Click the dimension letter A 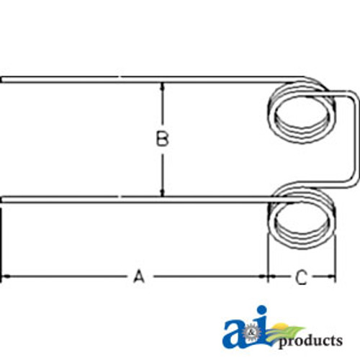point(139,276)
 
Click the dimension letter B point(163,139)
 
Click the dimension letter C point(301,276)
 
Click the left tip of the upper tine point(3,79)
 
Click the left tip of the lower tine point(3,199)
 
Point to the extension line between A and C point(267,259)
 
